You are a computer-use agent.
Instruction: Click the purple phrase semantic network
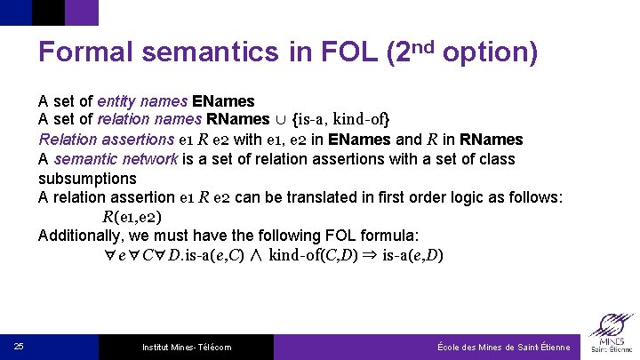101,159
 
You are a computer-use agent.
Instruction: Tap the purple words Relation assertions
106,140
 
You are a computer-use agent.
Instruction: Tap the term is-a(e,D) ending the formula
412,255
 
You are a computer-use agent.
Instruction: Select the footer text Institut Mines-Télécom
187,347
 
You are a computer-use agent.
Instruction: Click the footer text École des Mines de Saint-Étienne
503,347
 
